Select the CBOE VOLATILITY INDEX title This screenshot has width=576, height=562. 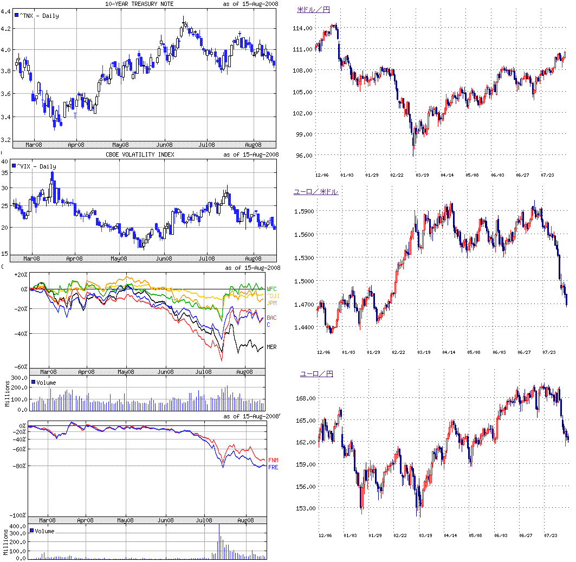click(x=140, y=155)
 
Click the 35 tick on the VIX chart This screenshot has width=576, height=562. click(x=5, y=173)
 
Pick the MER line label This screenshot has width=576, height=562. click(x=271, y=347)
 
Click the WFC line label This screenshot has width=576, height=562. click(x=272, y=289)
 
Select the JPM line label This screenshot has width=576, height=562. click(x=271, y=302)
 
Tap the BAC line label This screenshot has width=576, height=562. click(x=271, y=318)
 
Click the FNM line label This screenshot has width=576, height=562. click(x=274, y=460)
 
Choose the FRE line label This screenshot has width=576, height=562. click(x=274, y=467)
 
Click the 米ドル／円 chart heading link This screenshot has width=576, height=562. click(x=314, y=9)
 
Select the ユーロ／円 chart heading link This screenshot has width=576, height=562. click(x=316, y=374)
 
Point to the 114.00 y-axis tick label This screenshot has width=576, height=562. click(x=302, y=28)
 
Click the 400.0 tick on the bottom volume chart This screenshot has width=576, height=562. click(x=18, y=526)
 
